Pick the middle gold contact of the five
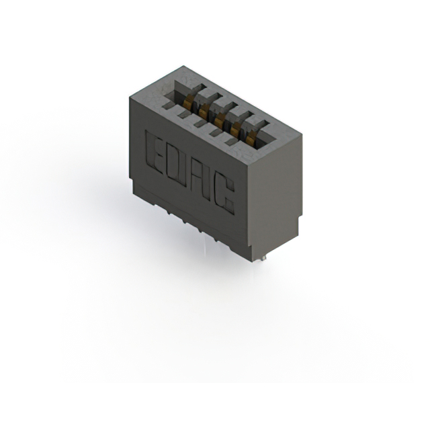219,120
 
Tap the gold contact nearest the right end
250,138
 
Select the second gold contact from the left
204,111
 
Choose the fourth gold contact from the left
235,130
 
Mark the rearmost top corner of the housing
183,66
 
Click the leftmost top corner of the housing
129,97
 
